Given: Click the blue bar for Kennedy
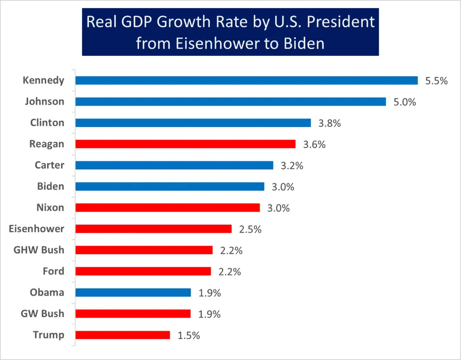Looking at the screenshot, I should coord(246,81).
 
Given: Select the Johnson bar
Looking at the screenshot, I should coord(230,102).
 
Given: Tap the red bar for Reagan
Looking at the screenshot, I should coord(185,144).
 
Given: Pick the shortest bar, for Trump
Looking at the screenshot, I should coord(122,335).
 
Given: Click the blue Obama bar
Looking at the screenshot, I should coord(133,292).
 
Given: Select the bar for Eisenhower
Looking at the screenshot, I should coord(153,229).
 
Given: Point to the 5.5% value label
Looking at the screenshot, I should coord(436,81).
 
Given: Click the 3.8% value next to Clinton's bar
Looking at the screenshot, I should coord(330,123).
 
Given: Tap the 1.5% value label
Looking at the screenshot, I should coord(189,335).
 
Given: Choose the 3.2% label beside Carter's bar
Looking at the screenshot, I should coord(292,166).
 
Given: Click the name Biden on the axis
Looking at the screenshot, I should coord(50,186).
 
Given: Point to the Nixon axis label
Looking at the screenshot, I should coord(50,207).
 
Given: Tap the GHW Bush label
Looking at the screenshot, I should coord(39,250).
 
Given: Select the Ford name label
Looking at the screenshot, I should coord(53,271).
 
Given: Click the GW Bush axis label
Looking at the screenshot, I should coord(42,314).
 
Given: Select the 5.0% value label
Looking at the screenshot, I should coord(404,102).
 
